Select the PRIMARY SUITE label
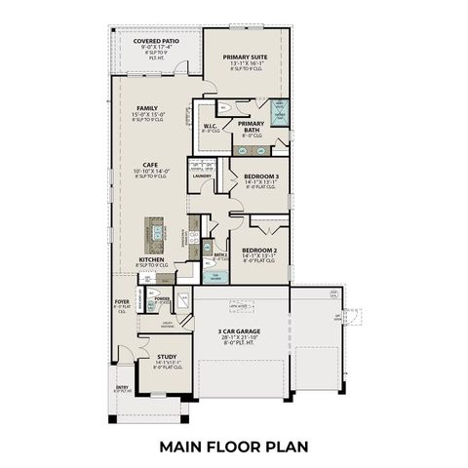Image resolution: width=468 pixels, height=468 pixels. tap(247, 58)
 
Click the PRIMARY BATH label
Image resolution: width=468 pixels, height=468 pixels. tap(252, 125)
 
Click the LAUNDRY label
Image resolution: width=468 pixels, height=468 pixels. tap(202, 176)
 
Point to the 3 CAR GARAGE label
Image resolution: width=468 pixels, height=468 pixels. tap(245, 331)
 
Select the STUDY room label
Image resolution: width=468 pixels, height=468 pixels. tap(167, 357)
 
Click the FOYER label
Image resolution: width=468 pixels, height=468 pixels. tap(123, 303)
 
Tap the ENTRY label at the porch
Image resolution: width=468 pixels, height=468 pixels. tap(122, 388)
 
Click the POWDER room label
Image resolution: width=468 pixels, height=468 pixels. tap(163, 298)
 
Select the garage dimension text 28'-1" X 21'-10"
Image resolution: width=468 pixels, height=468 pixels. tap(245, 338)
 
